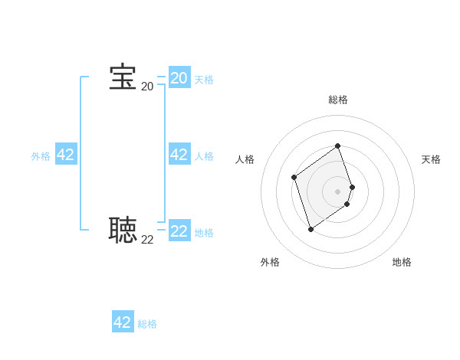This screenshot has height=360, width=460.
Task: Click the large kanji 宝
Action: point(123,77)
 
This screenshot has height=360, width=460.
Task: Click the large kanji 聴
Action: point(123,229)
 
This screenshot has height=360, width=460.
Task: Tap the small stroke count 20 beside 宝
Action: point(147,87)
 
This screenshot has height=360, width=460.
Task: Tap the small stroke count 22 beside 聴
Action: point(147,239)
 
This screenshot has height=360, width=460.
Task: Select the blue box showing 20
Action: point(179,78)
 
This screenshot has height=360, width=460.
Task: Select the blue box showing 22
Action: point(179,231)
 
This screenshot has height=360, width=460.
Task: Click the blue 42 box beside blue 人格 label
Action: point(179,155)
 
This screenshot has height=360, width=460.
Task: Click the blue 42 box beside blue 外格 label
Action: point(66,155)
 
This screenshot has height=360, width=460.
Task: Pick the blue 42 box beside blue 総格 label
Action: point(123,322)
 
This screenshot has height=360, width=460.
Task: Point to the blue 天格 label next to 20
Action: point(204,80)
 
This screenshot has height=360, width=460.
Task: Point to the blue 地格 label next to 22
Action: point(204,233)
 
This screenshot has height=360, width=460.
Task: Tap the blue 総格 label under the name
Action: point(147,324)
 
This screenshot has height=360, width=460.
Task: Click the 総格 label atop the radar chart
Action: point(338,100)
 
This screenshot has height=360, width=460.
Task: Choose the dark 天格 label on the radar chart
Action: point(431,159)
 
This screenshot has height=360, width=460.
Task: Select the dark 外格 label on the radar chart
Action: point(270,262)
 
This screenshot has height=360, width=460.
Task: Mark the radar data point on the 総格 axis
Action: point(338,146)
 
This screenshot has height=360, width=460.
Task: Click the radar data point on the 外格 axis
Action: point(310,229)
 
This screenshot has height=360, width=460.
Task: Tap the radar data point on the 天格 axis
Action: point(352,187)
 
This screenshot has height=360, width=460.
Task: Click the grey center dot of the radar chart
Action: point(338,191)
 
